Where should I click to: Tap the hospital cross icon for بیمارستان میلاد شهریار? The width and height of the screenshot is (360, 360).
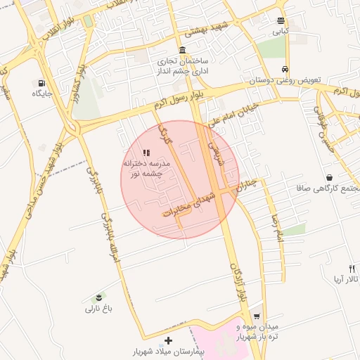[x=168, y=340]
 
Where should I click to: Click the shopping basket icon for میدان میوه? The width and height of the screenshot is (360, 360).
[x=257, y=316]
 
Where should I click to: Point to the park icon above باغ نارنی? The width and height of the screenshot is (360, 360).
[x=99, y=297]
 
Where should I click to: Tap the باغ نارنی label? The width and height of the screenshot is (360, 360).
[x=99, y=309]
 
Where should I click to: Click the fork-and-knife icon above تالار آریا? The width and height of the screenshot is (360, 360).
[x=352, y=269]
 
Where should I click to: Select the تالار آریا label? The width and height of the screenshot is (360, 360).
[x=346, y=280]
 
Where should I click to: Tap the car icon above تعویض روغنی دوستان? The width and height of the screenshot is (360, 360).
[x=284, y=70]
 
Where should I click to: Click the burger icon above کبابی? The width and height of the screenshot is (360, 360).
[x=281, y=20]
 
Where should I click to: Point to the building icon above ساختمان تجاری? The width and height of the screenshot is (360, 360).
[x=182, y=50]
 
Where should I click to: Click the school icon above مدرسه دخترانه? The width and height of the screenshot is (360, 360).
[x=146, y=152]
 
